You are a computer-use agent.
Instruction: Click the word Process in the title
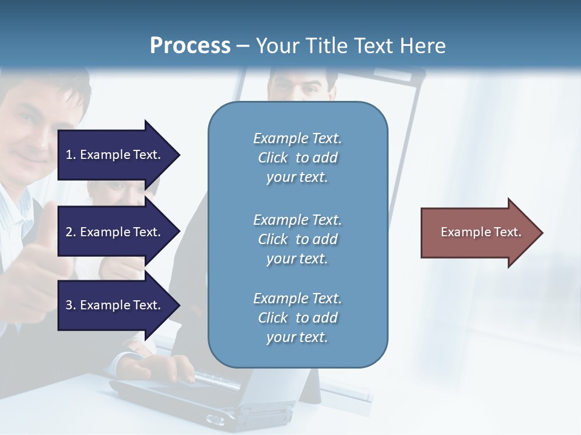coord(190,46)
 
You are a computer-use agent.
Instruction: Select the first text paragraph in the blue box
coord(297,158)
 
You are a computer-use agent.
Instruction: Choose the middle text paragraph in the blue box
coord(297,239)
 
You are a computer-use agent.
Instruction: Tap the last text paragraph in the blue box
coord(297,318)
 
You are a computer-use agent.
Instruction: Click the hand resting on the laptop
coord(172,366)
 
